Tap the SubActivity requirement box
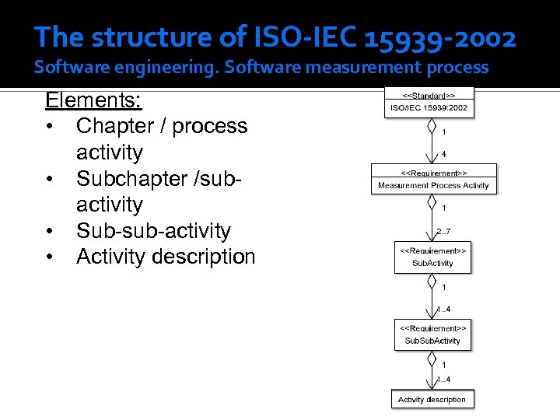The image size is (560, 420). (432, 257)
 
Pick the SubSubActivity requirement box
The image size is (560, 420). (432, 334)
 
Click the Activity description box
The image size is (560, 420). (432, 399)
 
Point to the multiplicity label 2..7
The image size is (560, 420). (443, 231)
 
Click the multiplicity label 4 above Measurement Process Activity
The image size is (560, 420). (443, 154)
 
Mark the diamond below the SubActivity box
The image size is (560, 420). (430, 282)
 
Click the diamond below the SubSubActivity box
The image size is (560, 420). (430, 359)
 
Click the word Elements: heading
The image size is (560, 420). (93, 100)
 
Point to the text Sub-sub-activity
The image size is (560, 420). (153, 231)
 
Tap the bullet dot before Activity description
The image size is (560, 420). (50, 257)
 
